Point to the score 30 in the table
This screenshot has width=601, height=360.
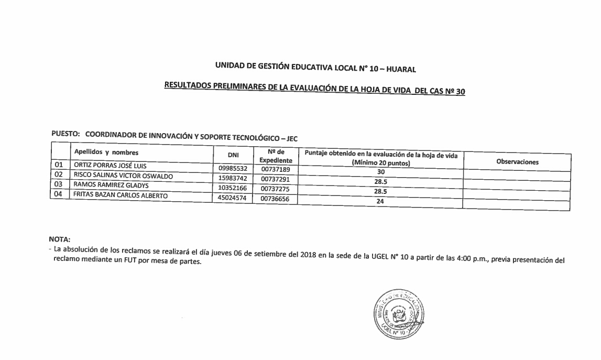pos(381,172)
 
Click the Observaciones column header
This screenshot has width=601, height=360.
pos(517,162)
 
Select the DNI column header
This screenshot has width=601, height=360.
pos(233,155)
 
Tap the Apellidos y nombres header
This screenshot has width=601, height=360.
pos(106,152)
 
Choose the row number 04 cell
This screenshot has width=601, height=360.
pos(59,194)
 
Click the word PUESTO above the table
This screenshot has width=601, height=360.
pos(64,134)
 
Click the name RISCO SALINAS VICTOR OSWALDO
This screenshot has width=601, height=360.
pos(123,176)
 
